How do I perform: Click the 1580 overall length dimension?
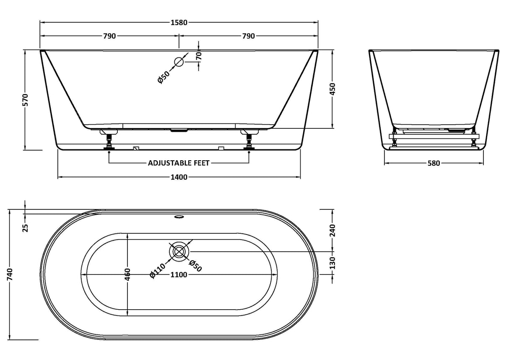click(179, 23)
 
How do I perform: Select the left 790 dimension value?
click(109, 36)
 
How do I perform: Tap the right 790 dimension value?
click(248, 36)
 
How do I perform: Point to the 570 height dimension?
click(25, 99)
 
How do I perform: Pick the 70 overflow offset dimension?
click(199, 56)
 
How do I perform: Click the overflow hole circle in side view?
click(179, 62)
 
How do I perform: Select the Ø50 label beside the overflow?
click(164, 77)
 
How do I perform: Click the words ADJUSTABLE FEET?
click(179, 163)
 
